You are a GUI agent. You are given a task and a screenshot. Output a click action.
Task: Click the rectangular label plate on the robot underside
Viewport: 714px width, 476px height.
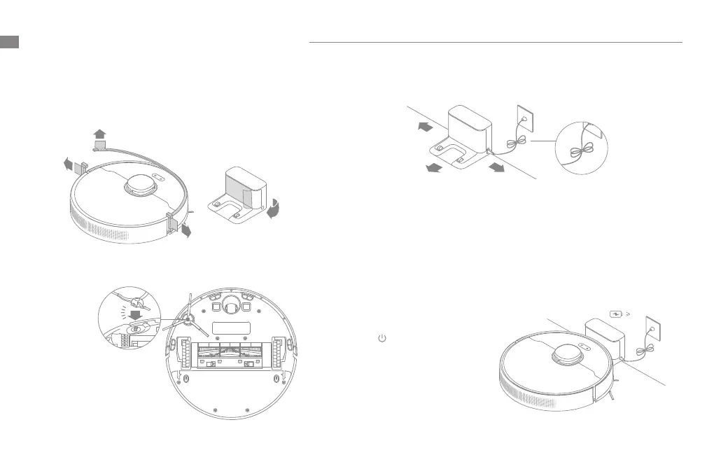pyautogui.click(x=230, y=328)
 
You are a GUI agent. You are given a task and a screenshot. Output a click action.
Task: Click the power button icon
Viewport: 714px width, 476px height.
pyautogui.click(x=382, y=338)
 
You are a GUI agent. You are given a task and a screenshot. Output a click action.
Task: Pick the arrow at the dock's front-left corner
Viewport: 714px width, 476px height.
pyautogui.click(x=433, y=169)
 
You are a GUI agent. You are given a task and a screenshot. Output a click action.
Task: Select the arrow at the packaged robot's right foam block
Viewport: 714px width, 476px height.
pyautogui.click(x=185, y=232)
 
